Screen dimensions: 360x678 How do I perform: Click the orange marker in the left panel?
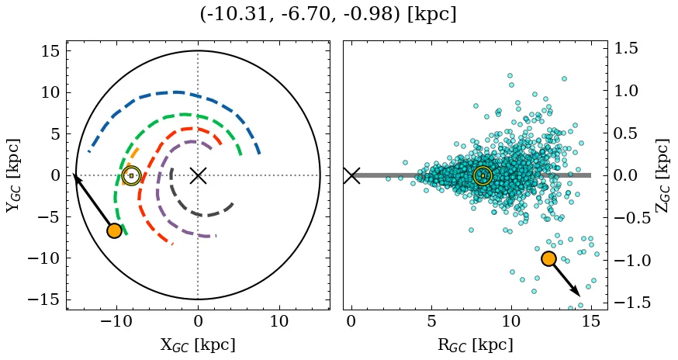tap(114, 230)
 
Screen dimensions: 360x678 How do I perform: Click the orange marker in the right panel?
tap(548, 258)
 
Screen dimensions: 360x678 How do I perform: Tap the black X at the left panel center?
tap(198, 175)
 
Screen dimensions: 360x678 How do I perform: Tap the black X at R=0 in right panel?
tap(351, 175)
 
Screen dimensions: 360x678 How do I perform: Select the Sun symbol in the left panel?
tap(131, 175)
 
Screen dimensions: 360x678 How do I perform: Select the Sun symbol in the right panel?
tap(483, 175)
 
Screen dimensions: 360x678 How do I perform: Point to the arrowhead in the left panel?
tap(76, 178)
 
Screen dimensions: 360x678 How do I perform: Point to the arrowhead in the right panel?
tap(577, 292)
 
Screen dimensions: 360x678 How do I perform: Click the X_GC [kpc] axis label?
tap(198, 344)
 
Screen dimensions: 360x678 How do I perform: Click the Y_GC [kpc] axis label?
tap(13, 175)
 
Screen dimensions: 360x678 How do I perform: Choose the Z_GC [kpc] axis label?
tap(664, 175)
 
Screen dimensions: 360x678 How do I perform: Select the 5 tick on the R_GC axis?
tap(431, 322)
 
